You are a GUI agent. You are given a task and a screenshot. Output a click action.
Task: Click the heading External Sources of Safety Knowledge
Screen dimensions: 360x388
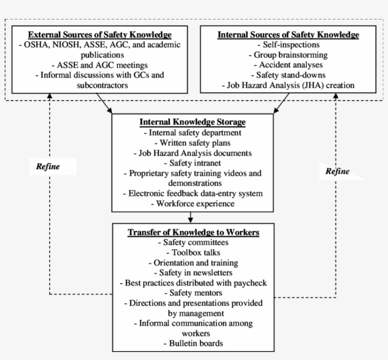[x=99, y=35]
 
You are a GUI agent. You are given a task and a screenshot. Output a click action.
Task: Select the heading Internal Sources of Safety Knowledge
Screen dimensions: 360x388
[x=288, y=35]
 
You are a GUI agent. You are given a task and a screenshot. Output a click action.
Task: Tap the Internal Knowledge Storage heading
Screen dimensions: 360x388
[x=193, y=122]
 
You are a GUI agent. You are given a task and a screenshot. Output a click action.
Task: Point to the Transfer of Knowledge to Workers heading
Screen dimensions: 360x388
[x=194, y=233]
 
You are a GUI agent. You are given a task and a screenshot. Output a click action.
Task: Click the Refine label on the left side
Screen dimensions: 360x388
[x=48, y=166]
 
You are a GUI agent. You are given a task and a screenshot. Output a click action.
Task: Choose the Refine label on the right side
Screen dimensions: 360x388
[x=337, y=171]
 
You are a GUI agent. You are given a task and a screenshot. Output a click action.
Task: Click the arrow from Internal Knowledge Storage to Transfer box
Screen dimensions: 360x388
[x=190, y=217]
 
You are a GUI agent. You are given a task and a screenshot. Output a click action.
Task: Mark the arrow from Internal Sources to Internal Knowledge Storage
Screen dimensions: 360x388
[x=282, y=103]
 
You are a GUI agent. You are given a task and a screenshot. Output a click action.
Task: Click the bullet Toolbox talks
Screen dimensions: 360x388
[x=193, y=252]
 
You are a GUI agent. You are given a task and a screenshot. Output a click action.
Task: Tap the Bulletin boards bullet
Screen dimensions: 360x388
[x=193, y=343]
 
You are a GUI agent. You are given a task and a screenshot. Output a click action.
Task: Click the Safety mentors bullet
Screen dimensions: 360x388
[x=193, y=293]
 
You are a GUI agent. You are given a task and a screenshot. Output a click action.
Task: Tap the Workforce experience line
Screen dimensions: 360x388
[x=193, y=204]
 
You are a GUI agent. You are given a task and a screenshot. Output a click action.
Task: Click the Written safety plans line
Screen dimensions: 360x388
[x=193, y=143]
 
